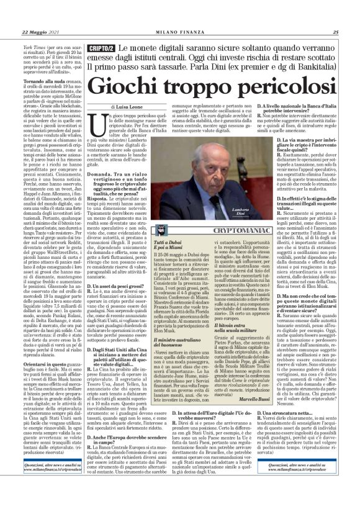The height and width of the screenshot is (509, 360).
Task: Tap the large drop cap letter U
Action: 102,123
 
